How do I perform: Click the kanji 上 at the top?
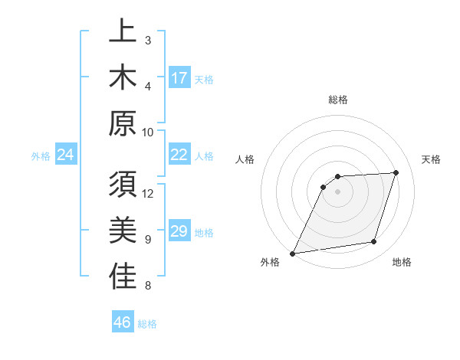(123, 32)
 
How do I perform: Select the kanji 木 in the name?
(123, 77)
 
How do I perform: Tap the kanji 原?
(123, 123)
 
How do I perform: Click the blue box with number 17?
(179, 77)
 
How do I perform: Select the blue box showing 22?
(179, 155)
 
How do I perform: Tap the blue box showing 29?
(179, 231)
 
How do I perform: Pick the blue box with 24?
(66, 155)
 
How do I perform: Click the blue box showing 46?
(123, 322)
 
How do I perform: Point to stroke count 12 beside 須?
(148, 193)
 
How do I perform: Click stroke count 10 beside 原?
(148, 132)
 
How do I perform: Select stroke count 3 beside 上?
(148, 40)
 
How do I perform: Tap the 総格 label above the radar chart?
(338, 100)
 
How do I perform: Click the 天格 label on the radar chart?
(431, 159)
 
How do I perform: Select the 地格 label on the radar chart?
(402, 262)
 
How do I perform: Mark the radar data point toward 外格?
(292, 254)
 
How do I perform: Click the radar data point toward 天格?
(396, 172)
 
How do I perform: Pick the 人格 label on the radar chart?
(245, 159)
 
